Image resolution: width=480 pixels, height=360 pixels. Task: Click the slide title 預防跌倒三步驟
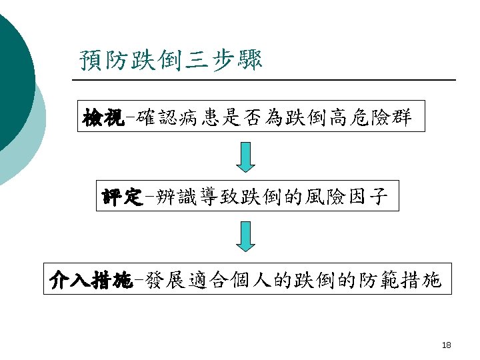171,60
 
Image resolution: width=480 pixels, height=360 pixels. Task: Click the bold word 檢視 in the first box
102,119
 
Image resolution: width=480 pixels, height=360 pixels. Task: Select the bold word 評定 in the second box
121,197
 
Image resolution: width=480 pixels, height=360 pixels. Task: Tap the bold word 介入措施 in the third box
89,281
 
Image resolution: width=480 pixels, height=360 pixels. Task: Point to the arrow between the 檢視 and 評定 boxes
246,157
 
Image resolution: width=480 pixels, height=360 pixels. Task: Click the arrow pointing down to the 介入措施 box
246,236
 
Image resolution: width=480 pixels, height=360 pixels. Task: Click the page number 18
446,345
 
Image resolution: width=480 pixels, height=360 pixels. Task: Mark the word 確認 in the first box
149,119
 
